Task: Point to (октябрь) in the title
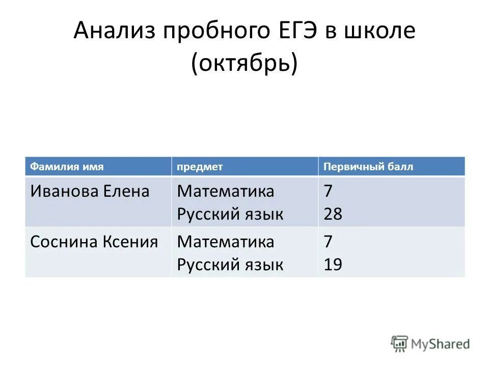[x=244, y=64]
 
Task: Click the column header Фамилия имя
[x=67, y=167]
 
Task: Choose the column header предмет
[x=200, y=167]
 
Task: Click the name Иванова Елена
[x=90, y=192]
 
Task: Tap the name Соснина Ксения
[x=94, y=242]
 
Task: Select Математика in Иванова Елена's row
[x=225, y=192]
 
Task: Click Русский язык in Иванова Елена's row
[x=230, y=214]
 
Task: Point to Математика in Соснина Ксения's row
[x=225, y=242]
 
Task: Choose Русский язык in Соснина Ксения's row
[x=230, y=265]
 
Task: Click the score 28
[x=333, y=214]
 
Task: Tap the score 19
[x=333, y=265]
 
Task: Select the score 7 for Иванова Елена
[x=329, y=192]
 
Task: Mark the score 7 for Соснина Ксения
[x=329, y=242]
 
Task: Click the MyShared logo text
[x=441, y=344]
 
